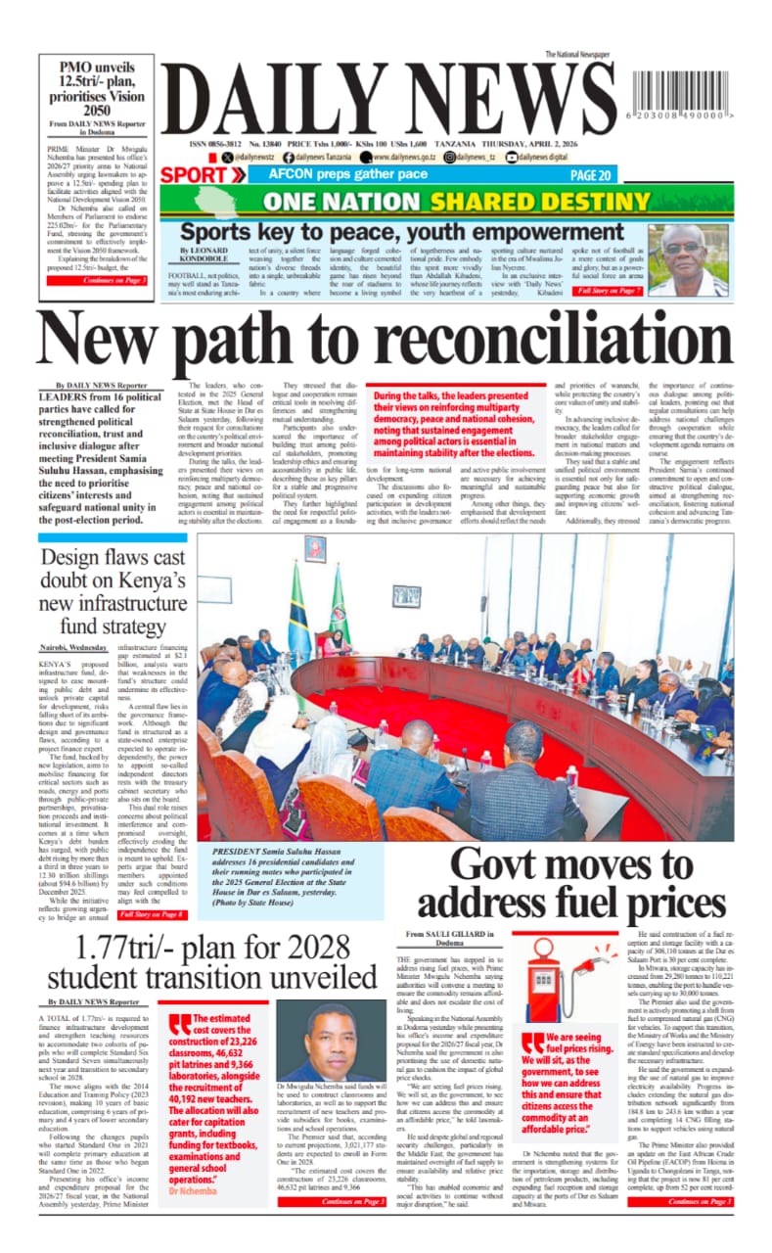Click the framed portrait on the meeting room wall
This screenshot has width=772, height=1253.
(315, 550)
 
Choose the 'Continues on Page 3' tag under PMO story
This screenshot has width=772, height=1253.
(114, 281)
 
